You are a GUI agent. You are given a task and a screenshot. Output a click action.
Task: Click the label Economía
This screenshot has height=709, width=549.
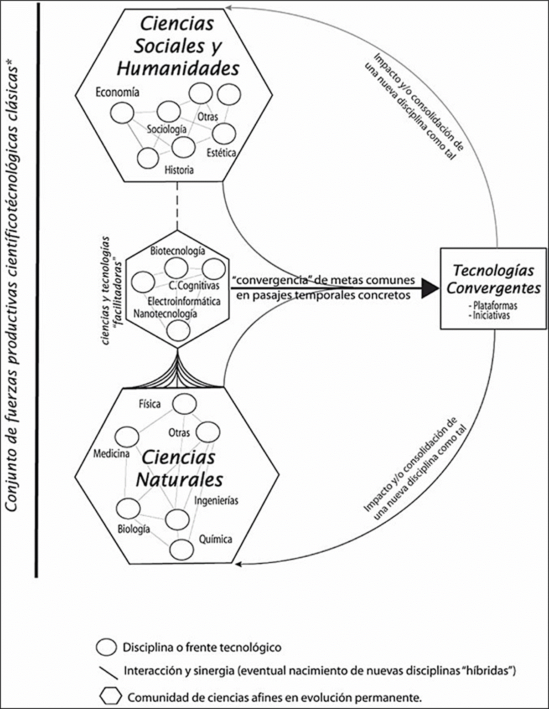(117, 92)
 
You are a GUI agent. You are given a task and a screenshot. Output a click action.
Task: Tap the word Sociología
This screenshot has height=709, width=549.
(166, 129)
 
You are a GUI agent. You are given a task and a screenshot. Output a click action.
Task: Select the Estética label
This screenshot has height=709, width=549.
(221, 152)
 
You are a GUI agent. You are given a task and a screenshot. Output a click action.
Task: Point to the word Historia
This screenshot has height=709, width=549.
(179, 170)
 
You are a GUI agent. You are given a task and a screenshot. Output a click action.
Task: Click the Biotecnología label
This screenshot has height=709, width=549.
(177, 251)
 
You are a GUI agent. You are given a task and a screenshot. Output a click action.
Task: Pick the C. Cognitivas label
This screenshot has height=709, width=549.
(194, 286)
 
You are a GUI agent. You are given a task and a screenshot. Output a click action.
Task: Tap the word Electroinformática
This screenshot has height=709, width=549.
(184, 301)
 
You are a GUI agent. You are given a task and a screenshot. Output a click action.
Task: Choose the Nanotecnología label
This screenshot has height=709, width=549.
(166, 313)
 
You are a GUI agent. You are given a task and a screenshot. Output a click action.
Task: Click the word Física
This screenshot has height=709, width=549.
(150, 404)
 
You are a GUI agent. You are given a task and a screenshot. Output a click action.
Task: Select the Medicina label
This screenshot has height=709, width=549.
(111, 454)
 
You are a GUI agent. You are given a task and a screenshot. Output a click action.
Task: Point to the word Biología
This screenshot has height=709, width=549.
(134, 529)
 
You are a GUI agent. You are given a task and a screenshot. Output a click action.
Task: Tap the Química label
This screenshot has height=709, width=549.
(215, 539)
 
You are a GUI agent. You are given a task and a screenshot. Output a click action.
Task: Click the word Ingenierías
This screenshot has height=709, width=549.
(216, 500)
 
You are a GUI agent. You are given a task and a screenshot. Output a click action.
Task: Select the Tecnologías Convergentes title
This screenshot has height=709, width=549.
(493, 279)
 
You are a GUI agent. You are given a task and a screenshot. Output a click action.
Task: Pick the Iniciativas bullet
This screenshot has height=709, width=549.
(491, 315)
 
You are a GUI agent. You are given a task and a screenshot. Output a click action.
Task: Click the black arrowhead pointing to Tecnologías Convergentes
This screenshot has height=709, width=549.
(429, 288)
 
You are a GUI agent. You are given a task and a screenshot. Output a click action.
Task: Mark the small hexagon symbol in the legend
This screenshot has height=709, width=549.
(111, 696)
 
